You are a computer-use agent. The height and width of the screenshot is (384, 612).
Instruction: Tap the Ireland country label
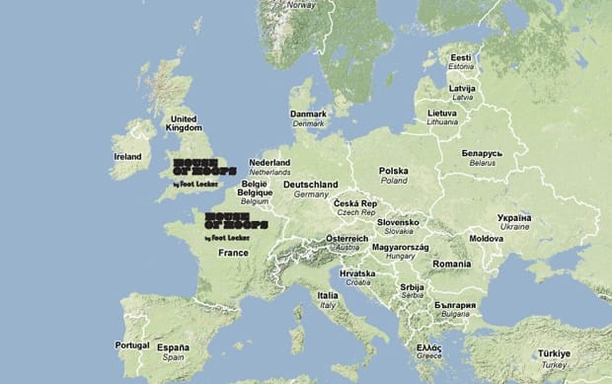[x=127, y=156]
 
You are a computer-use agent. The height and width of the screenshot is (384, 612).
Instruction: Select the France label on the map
[x=233, y=253]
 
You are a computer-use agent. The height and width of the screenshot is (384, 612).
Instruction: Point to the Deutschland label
[x=310, y=185]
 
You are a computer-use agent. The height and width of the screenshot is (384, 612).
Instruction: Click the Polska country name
[x=393, y=171]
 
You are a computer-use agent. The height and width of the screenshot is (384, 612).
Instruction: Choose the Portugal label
[x=131, y=346]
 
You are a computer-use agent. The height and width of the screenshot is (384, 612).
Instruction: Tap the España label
[x=173, y=348]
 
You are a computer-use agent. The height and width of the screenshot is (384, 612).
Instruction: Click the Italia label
[x=327, y=295]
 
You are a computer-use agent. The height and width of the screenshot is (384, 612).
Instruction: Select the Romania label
[x=451, y=265]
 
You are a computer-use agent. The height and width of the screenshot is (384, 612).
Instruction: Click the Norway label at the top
[x=301, y=5]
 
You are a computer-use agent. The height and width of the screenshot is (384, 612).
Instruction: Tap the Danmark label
[x=308, y=114]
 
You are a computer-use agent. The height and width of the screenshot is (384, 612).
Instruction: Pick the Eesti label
[x=461, y=58]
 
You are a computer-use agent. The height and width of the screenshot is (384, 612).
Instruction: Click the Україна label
[x=514, y=217]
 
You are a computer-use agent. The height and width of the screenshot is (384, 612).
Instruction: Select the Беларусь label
[x=482, y=154]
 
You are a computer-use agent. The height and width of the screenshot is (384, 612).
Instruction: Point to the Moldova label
[x=486, y=239]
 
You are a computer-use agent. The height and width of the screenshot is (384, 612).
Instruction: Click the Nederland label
[x=269, y=163]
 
